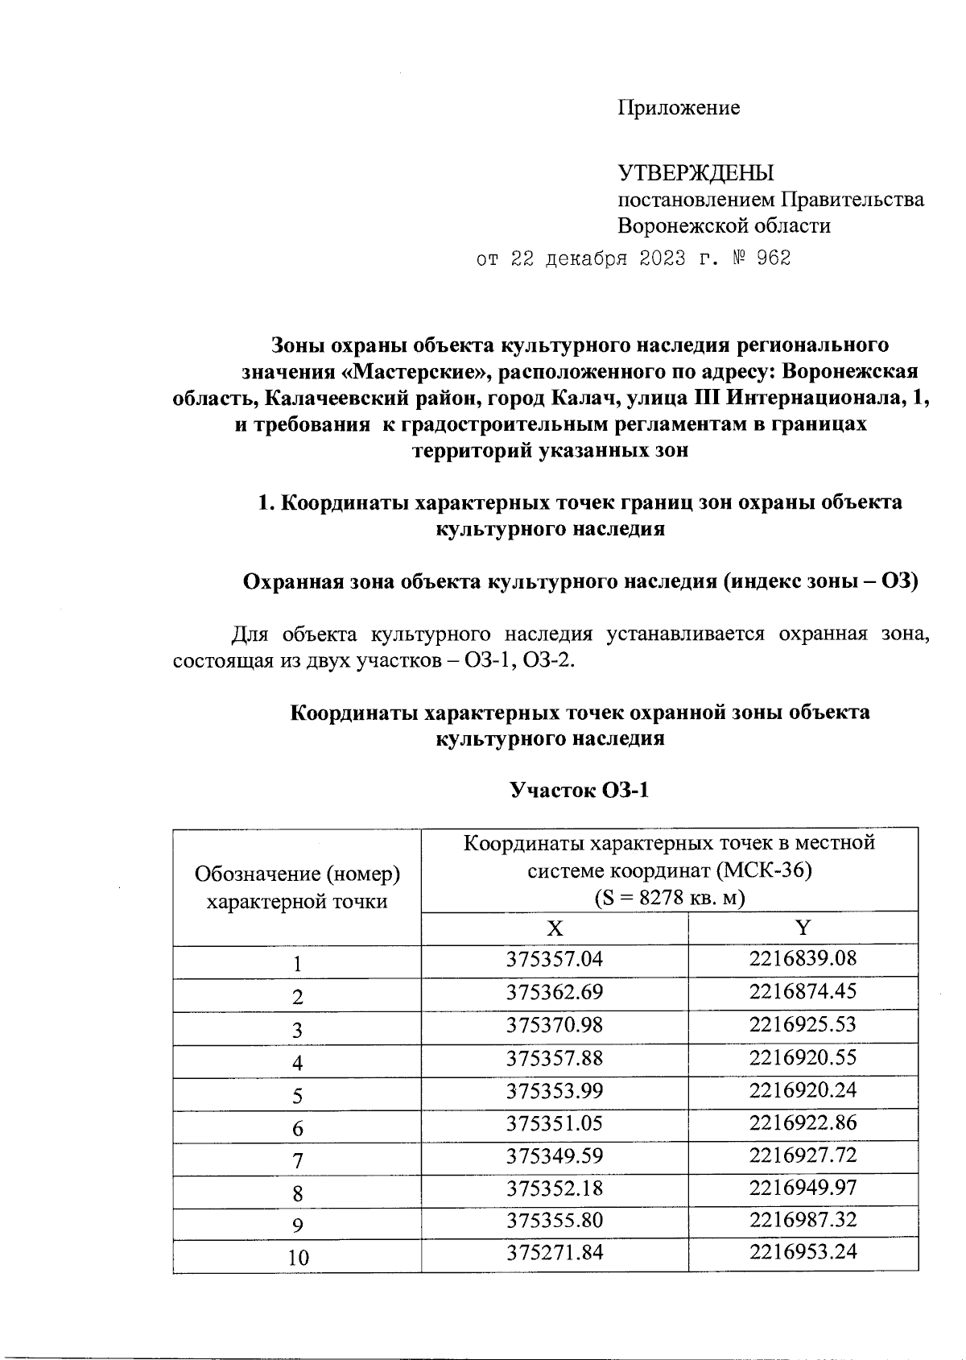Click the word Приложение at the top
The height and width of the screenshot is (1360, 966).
click(679, 108)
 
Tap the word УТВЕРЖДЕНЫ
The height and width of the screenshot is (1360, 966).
click(696, 172)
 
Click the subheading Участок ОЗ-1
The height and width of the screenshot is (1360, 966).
click(580, 791)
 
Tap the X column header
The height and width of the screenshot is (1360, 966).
click(555, 928)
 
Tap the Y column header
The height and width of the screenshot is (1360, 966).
click(803, 928)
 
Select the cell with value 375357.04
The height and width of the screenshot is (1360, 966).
click(554, 959)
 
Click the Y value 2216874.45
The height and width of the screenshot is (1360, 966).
click(803, 991)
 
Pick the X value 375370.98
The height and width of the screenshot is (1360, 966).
click(554, 1025)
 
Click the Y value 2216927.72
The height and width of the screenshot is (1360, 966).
click(803, 1155)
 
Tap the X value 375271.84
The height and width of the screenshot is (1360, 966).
click(554, 1252)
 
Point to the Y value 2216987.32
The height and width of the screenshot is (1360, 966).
click(803, 1220)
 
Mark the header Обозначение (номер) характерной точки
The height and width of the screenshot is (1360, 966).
click(297, 887)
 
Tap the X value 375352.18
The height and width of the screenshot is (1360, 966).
click(554, 1188)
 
